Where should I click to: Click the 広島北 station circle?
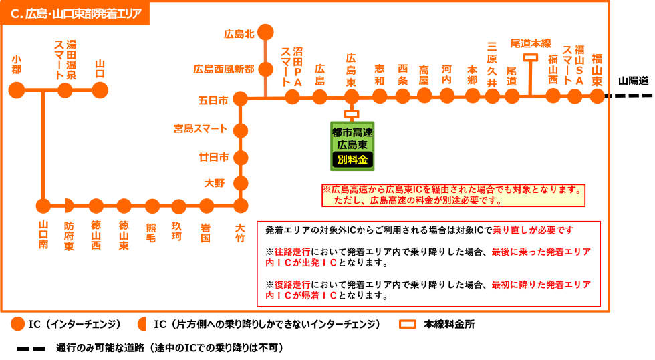[265, 32]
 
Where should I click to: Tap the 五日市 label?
[213, 100]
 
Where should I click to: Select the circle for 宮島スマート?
[241, 130]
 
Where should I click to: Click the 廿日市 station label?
[213, 157]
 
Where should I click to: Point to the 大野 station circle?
[241, 183]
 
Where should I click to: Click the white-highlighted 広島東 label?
[351, 69]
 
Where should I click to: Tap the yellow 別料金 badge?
[352, 160]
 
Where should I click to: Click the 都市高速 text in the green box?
[352, 132]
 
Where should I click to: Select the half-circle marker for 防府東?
[69, 206]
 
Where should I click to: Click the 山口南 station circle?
[43, 206]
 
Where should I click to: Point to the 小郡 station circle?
[17, 90]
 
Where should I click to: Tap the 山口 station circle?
[100, 90]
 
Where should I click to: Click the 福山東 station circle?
[597, 96]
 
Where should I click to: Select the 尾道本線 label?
[531, 43]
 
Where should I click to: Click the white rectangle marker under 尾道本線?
[531, 58]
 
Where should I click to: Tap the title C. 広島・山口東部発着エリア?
[76, 13]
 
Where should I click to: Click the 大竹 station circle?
[241, 206]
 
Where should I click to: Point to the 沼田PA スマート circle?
[292, 97]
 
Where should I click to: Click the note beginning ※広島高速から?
[453, 195]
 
